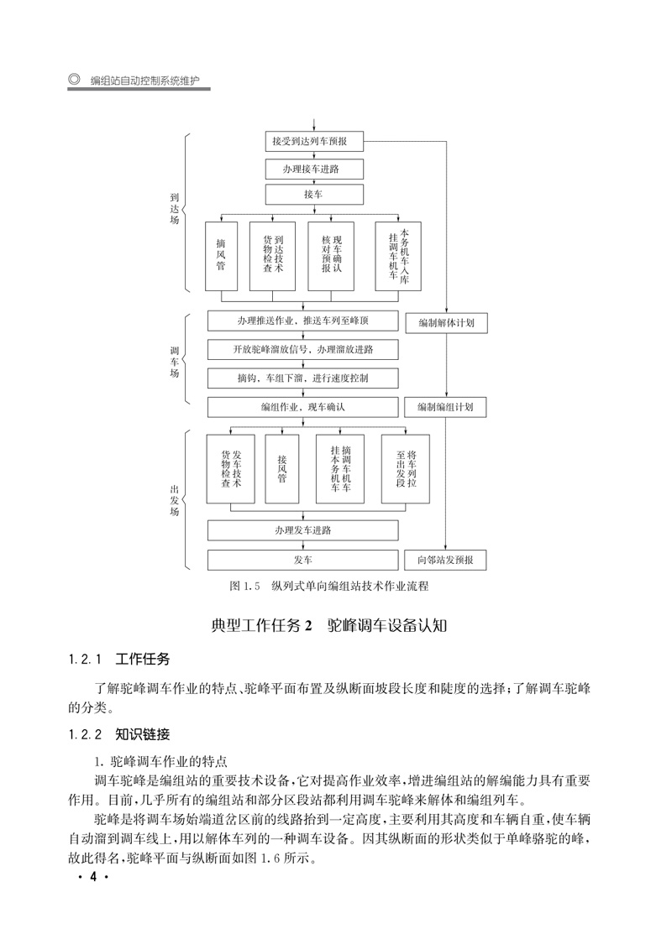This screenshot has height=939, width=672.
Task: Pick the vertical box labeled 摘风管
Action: pos(221,255)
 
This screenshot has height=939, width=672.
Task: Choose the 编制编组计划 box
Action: pos(445,407)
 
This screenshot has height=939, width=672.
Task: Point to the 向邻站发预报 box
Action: pos(445,559)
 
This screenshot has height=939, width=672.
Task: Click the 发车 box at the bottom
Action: pos(303,559)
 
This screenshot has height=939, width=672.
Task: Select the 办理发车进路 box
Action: pos(303,530)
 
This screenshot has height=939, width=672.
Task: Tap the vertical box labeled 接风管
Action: pos(281,468)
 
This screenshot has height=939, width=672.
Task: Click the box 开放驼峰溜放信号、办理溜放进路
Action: pos(303,349)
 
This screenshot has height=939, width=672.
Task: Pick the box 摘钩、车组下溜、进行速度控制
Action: pos(303,378)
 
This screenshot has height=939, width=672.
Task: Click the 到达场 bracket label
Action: pos(174,206)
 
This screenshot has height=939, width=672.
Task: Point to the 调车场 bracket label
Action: pos(174,361)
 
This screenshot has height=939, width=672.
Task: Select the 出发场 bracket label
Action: pos(174,498)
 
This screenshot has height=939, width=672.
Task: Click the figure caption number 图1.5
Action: pos(247,586)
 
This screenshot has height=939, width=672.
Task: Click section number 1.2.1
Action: pos(86,659)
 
